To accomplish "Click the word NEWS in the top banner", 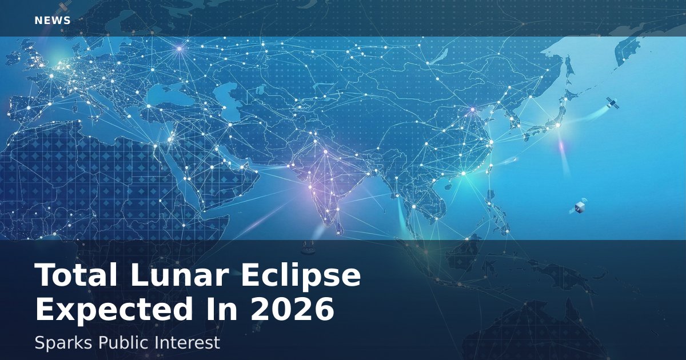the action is pyautogui.click(x=53, y=21).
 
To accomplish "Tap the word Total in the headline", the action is pyautogui.click(x=76, y=275).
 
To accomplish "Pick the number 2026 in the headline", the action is pyautogui.click(x=292, y=309).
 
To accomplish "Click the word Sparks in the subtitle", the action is pyautogui.click(x=63, y=343).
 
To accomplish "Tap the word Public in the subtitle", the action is pyautogui.click(x=123, y=342).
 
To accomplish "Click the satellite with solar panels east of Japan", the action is pyautogui.click(x=612, y=103).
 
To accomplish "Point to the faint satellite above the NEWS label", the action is pyautogui.click(x=63, y=7).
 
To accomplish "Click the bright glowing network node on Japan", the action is pyautogui.click(x=558, y=125).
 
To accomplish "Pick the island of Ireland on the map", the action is pyautogui.click(x=13, y=58).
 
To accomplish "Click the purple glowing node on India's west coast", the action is pyautogui.click(x=310, y=187).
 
